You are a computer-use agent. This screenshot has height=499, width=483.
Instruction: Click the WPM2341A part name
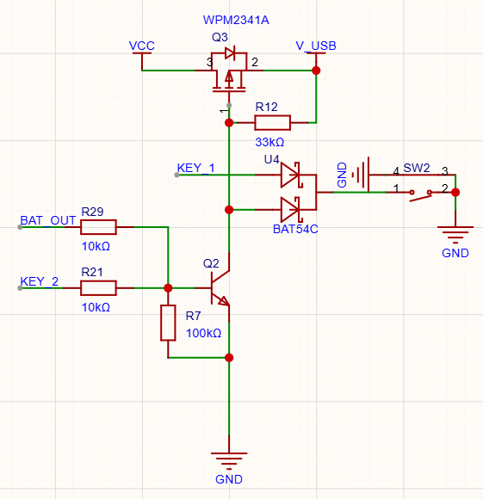(x=236, y=20)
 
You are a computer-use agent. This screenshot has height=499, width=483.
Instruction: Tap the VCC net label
(x=142, y=46)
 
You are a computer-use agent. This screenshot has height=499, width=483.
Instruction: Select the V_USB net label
(x=316, y=46)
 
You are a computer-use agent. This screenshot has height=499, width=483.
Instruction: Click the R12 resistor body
(x=273, y=122)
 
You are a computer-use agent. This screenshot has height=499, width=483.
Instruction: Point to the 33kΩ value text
(x=269, y=142)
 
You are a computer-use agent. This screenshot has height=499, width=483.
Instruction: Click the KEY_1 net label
(x=195, y=168)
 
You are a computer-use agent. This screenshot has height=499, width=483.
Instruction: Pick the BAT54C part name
(x=295, y=229)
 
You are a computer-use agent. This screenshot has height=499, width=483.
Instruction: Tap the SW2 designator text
(x=417, y=168)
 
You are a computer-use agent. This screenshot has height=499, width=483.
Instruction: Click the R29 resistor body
(x=98, y=227)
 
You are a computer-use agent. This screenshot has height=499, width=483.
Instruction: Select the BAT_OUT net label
(x=47, y=220)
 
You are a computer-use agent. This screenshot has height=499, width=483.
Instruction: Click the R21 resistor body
(x=98, y=288)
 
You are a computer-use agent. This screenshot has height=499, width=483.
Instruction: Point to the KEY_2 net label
(x=39, y=281)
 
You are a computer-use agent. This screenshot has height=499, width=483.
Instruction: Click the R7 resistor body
(x=168, y=323)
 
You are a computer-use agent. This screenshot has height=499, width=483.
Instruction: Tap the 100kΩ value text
(x=203, y=333)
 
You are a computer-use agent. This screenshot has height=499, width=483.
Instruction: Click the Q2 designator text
(x=211, y=263)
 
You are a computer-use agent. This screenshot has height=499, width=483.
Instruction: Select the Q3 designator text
(x=220, y=37)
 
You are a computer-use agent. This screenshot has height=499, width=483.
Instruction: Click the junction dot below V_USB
(x=316, y=71)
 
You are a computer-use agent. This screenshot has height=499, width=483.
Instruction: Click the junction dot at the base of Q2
(x=168, y=288)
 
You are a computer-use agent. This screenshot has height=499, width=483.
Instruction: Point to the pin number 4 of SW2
(x=396, y=171)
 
